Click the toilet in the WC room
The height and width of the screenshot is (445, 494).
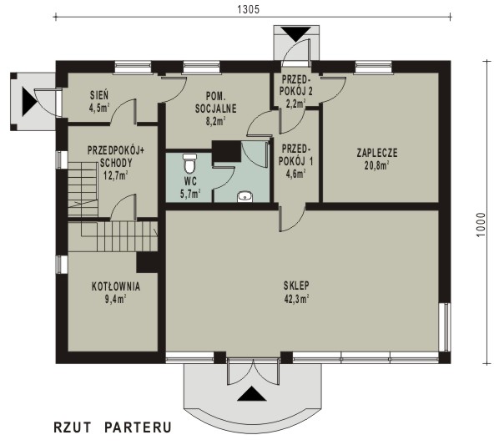coord(189,164)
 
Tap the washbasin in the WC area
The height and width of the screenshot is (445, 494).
coord(244,197)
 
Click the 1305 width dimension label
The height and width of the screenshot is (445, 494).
coord(249,9)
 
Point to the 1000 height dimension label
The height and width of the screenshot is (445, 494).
coord(481,225)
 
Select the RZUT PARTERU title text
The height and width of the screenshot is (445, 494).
coord(113,427)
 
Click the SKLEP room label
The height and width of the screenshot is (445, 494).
coord(296,286)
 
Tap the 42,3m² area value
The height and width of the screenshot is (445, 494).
coord(296,298)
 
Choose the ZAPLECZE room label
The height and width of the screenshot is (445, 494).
coord(377,153)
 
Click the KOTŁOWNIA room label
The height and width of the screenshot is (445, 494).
coord(116,286)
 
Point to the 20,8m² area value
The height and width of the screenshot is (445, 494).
coord(377,165)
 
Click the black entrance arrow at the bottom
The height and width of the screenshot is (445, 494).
coord(251,393)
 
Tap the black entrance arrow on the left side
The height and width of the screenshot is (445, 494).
coord(29,102)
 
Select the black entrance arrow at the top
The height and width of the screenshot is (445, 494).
coord(296,34)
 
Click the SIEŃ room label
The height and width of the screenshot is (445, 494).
coord(99,95)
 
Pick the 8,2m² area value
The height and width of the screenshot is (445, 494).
coord(216,121)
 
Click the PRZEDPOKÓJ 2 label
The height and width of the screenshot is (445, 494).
coord(296,85)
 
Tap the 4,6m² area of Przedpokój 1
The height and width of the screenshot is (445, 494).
coord(296,174)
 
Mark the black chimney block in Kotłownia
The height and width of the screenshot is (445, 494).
coord(147,262)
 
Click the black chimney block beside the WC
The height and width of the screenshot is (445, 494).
coord(226,151)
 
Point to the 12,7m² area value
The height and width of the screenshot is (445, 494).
coord(116,175)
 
